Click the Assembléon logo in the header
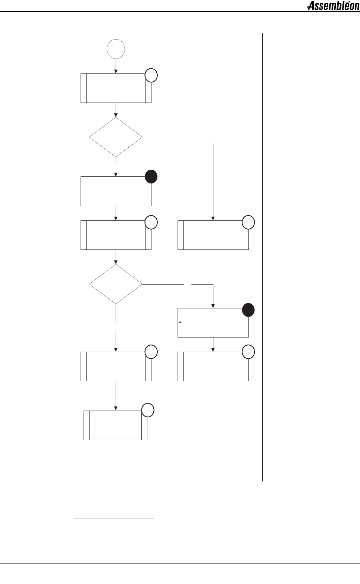(333, 6)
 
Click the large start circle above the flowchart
(116, 49)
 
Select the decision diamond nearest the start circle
(116, 137)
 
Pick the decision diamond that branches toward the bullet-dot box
(116, 284)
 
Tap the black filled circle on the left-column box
(151, 176)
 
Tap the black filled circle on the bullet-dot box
(248, 310)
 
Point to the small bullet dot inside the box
(180, 322)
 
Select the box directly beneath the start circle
(116, 88)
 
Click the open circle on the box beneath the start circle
(151, 76)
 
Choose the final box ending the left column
(115, 425)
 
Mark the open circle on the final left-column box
(148, 410)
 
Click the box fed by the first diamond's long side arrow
(213, 235)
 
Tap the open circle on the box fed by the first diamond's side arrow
(248, 222)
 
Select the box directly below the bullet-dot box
(213, 366)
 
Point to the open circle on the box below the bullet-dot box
(248, 351)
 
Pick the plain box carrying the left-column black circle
(116, 191)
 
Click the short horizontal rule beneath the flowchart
(114, 518)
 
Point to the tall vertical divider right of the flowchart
(263, 257)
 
